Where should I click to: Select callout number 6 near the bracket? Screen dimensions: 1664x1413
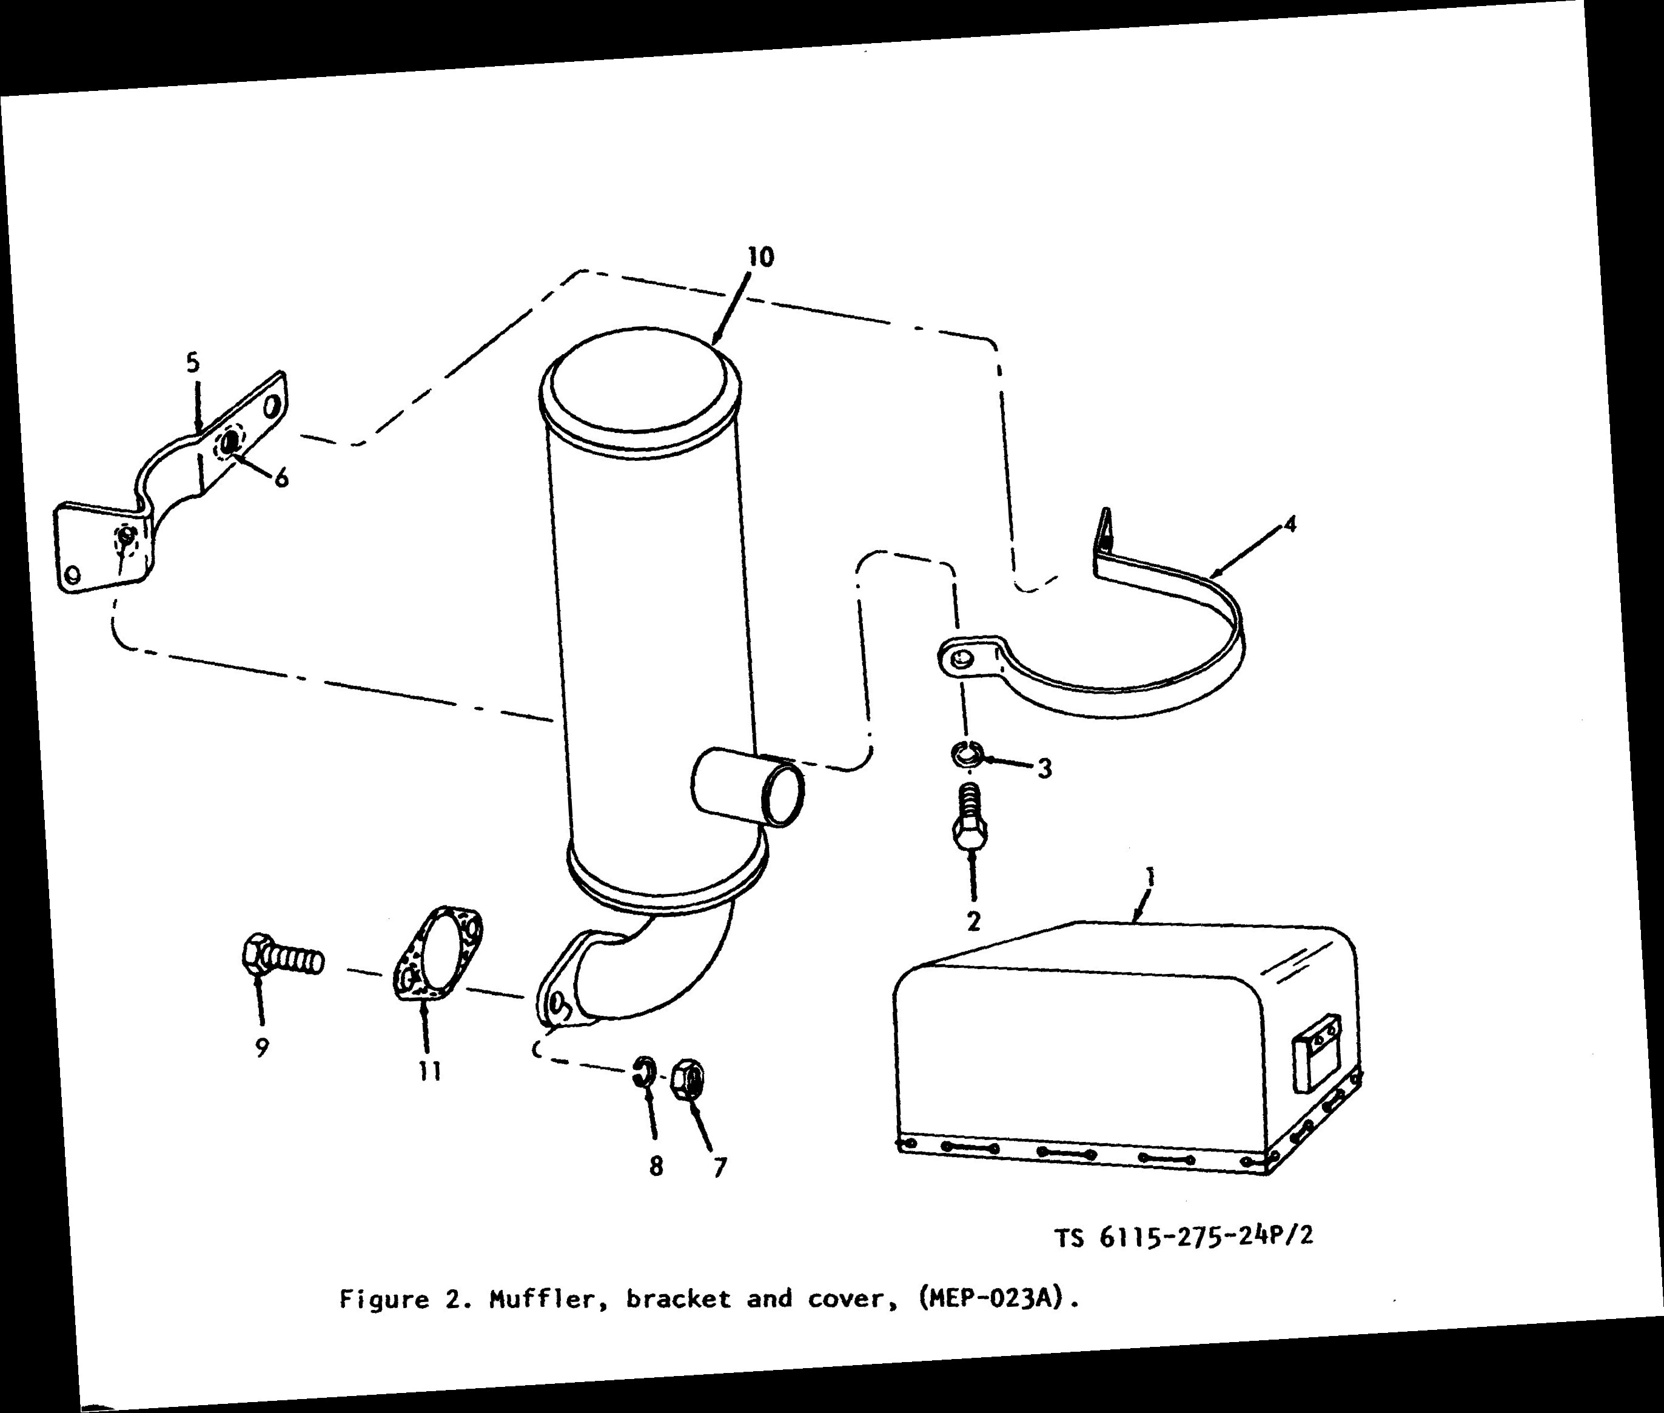[281, 478]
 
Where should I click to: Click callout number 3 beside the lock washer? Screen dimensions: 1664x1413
[1044, 769]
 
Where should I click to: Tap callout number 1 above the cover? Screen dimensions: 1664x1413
[1151, 878]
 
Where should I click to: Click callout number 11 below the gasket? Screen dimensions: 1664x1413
[430, 1072]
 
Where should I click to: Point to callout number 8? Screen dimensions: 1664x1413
[656, 1166]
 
